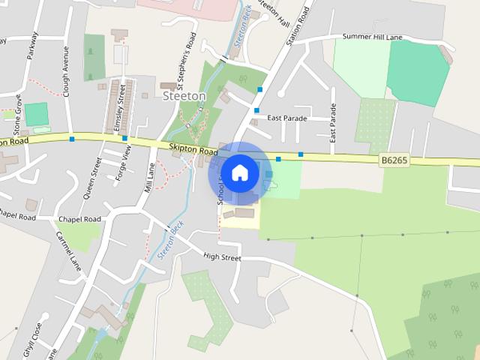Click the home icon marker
click(x=239, y=172)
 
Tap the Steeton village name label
click(x=184, y=96)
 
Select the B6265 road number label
click(x=394, y=160)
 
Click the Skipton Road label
click(x=193, y=150)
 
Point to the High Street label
click(x=222, y=257)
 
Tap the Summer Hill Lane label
click(x=373, y=36)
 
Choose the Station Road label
click(x=298, y=28)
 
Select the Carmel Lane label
click(x=68, y=248)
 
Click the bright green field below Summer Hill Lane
click(x=417, y=73)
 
